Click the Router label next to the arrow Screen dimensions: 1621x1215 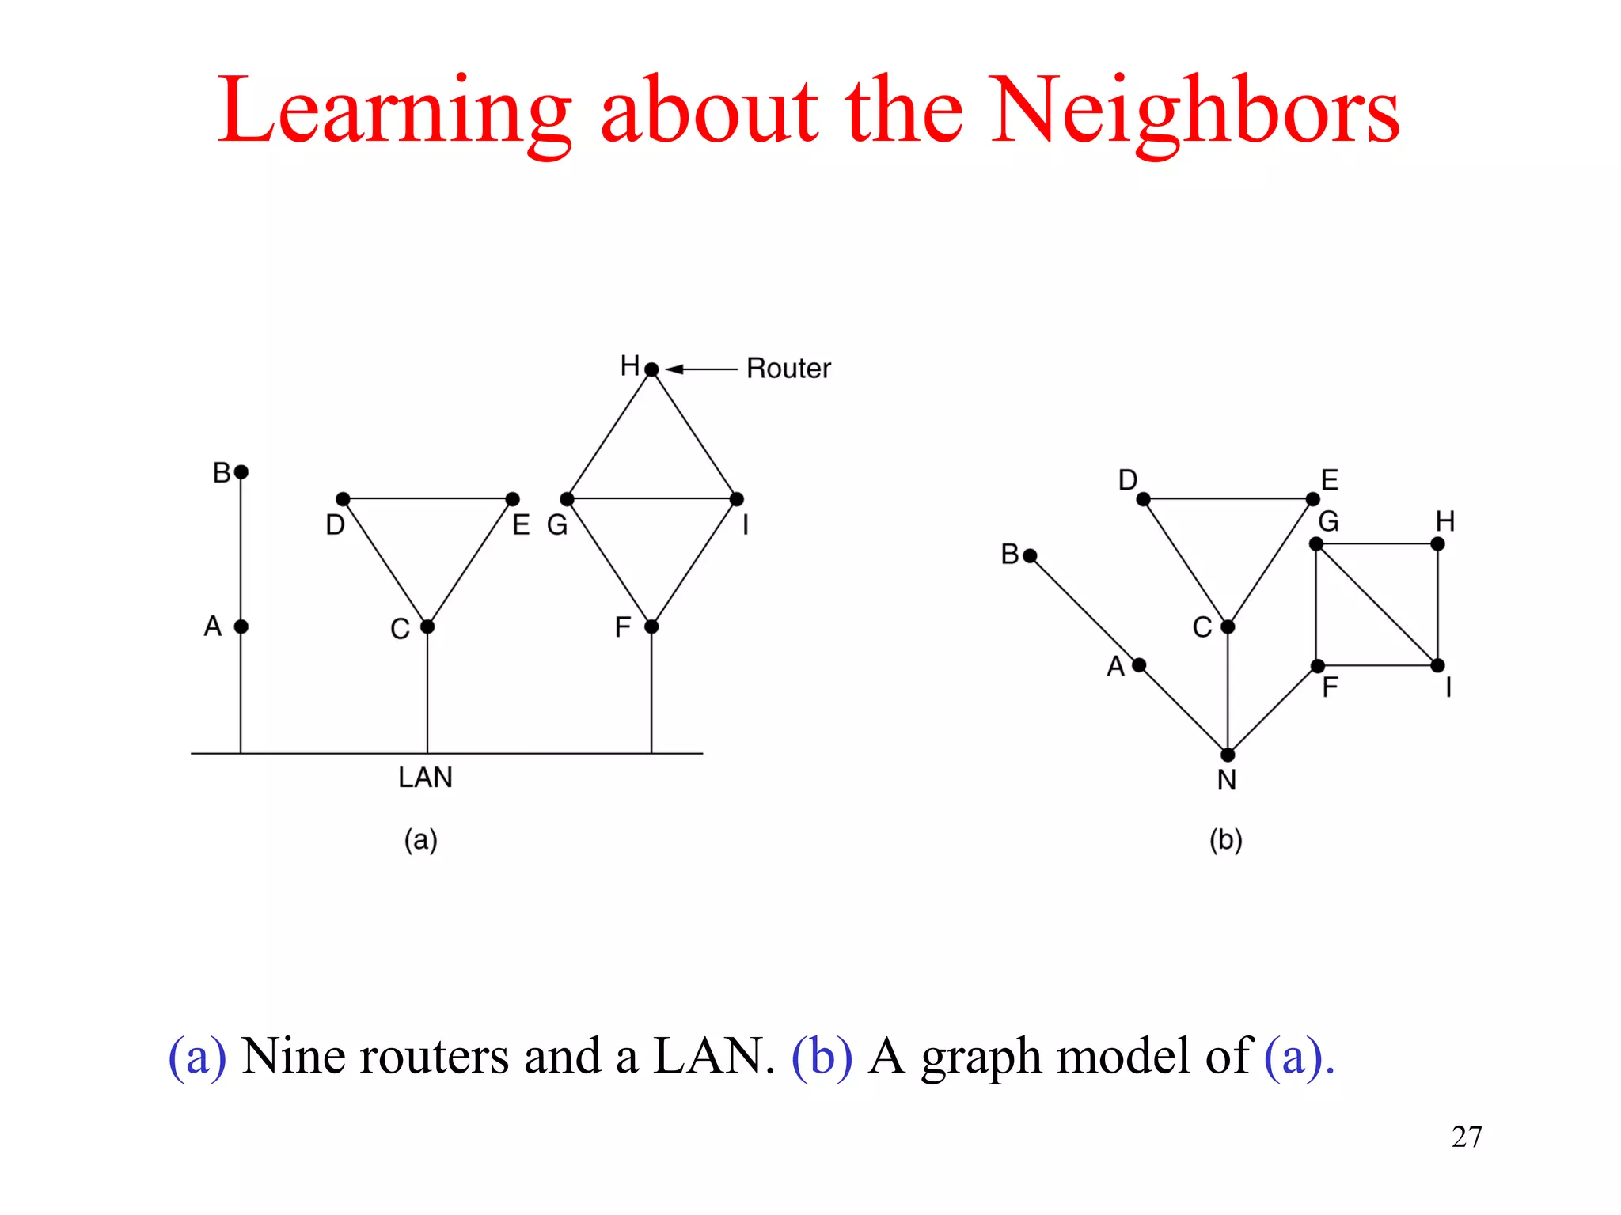[x=788, y=369]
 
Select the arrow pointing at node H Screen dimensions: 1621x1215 [x=701, y=369]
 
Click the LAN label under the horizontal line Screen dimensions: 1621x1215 [x=425, y=778]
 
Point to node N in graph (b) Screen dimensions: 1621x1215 [x=1228, y=755]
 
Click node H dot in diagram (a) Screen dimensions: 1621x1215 [x=651, y=369]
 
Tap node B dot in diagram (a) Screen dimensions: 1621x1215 [x=241, y=472]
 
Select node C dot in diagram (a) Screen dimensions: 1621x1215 [x=427, y=626]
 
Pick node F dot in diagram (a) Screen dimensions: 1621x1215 [x=651, y=626]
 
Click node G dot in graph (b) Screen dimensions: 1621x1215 [x=1316, y=544]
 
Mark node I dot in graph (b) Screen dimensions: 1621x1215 [x=1438, y=665]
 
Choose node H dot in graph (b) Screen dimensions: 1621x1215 [x=1438, y=544]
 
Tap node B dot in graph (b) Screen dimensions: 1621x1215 [x=1030, y=556]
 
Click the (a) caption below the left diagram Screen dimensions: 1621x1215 [x=420, y=839]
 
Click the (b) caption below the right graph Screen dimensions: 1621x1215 [x=1226, y=839]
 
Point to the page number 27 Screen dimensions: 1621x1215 [x=1467, y=1137]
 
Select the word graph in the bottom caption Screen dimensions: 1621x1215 [x=981, y=1058]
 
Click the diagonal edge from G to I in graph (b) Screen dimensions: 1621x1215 [x=1377, y=605]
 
